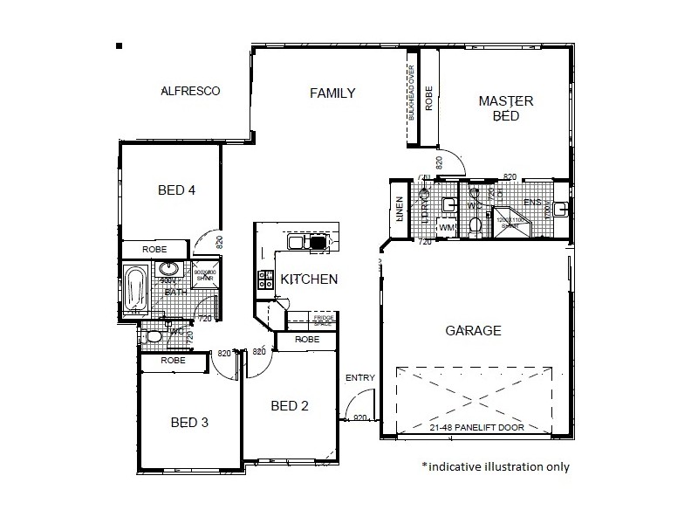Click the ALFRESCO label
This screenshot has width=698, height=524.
pyautogui.click(x=190, y=91)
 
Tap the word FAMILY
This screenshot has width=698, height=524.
pyautogui.click(x=332, y=93)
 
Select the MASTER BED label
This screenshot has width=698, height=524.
pyautogui.click(x=505, y=108)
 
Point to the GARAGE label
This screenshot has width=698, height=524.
pyautogui.click(x=473, y=331)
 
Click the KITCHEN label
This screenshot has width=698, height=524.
pyautogui.click(x=309, y=279)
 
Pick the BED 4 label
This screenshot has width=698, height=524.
pyautogui.click(x=175, y=190)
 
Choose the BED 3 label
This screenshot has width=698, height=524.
pyautogui.click(x=189, y=423)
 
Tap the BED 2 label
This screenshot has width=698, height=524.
pyautogui.click(x=291, y=405)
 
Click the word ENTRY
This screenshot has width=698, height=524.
pyautogui.click(x=359, y=378)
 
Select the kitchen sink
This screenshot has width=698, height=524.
pyautogui.click(x=307, y=242)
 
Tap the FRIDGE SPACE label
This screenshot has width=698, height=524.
pyautogui.click(x=323, y=321)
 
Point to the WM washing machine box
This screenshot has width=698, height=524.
pyautogui.click(x=447, y=228)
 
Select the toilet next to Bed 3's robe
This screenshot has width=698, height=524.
pyautogui.click(x=154, y=335)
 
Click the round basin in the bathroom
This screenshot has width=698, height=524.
pyautogui.click(x=169, y=269)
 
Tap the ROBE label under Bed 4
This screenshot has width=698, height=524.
pyautogui.click(x=154, y=249)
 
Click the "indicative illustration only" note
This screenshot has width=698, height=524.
pyautogui.click(x=495, y=466)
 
